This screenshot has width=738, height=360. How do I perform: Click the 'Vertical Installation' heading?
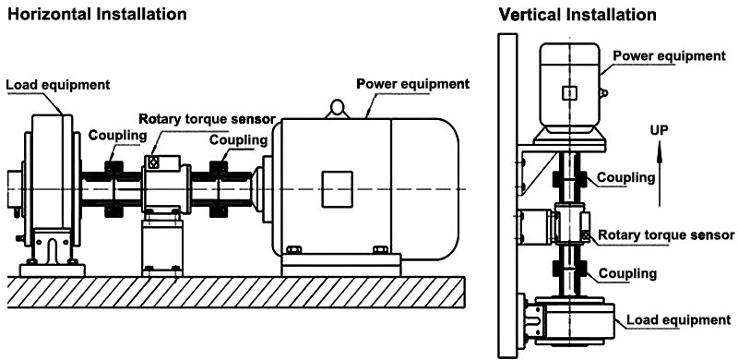pyautogui.click(x=577, y=15)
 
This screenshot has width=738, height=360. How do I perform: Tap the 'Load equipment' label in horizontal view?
pyautogui.click(x=58, y=85)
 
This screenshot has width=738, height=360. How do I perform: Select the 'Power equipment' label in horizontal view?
pyautogui.click(x=413, y=83)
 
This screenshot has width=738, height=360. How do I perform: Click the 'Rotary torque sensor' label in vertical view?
pyautogui.click(x=667, y=235)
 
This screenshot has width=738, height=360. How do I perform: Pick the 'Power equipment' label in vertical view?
pyautogui.click(x=670, y=55)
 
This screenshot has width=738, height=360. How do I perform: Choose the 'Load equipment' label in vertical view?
pyautogui.click(x=678, y=320)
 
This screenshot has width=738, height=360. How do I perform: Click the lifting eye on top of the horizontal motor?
pyautogui.click(x=336, y=109)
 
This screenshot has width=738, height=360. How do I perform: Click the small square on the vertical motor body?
pyautogui.click(x=570, y=92)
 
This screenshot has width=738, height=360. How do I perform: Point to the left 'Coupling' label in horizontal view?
pyautogui.click(x=117, y=136)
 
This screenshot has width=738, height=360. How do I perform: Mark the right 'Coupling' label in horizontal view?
pyautogui.click(x=239, y=140)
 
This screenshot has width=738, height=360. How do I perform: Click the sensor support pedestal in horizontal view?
pyautogui.click(x=161, y=245)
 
